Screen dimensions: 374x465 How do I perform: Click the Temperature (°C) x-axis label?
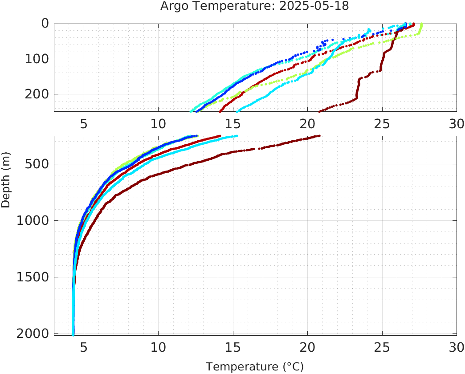pyautogui.click(x=254, y=367)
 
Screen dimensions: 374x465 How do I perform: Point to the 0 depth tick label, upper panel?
pyautogui.click(x=45, y=24)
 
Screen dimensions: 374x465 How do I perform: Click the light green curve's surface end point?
pyautogui.click(x=421, y=24)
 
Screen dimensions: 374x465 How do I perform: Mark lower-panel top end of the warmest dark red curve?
pyautogui.click(x=318, y=136)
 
